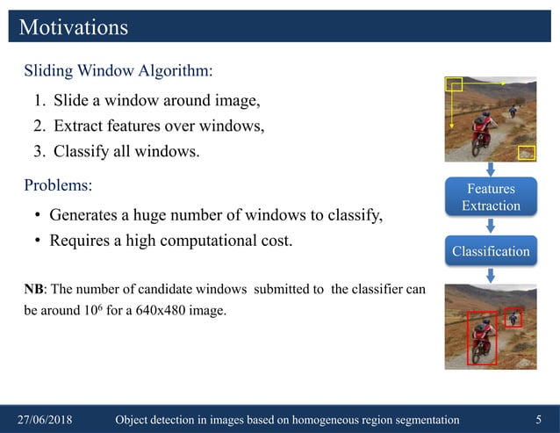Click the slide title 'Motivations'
[74, 27]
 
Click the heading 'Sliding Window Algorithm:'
[118, 69]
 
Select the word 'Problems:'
[57, 186]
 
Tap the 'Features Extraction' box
[491, 198]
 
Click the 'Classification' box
[491, 251]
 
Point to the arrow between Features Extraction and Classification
[491, 225]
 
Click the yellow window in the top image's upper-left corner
[454, 84]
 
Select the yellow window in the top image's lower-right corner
[527, 152]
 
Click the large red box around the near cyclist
[482, 338]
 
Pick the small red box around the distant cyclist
[513, 317]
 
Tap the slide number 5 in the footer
[538, 420]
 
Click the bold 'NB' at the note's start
[33, 290]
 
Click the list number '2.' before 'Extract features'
[39, 126]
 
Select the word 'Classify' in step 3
[82, 151]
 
